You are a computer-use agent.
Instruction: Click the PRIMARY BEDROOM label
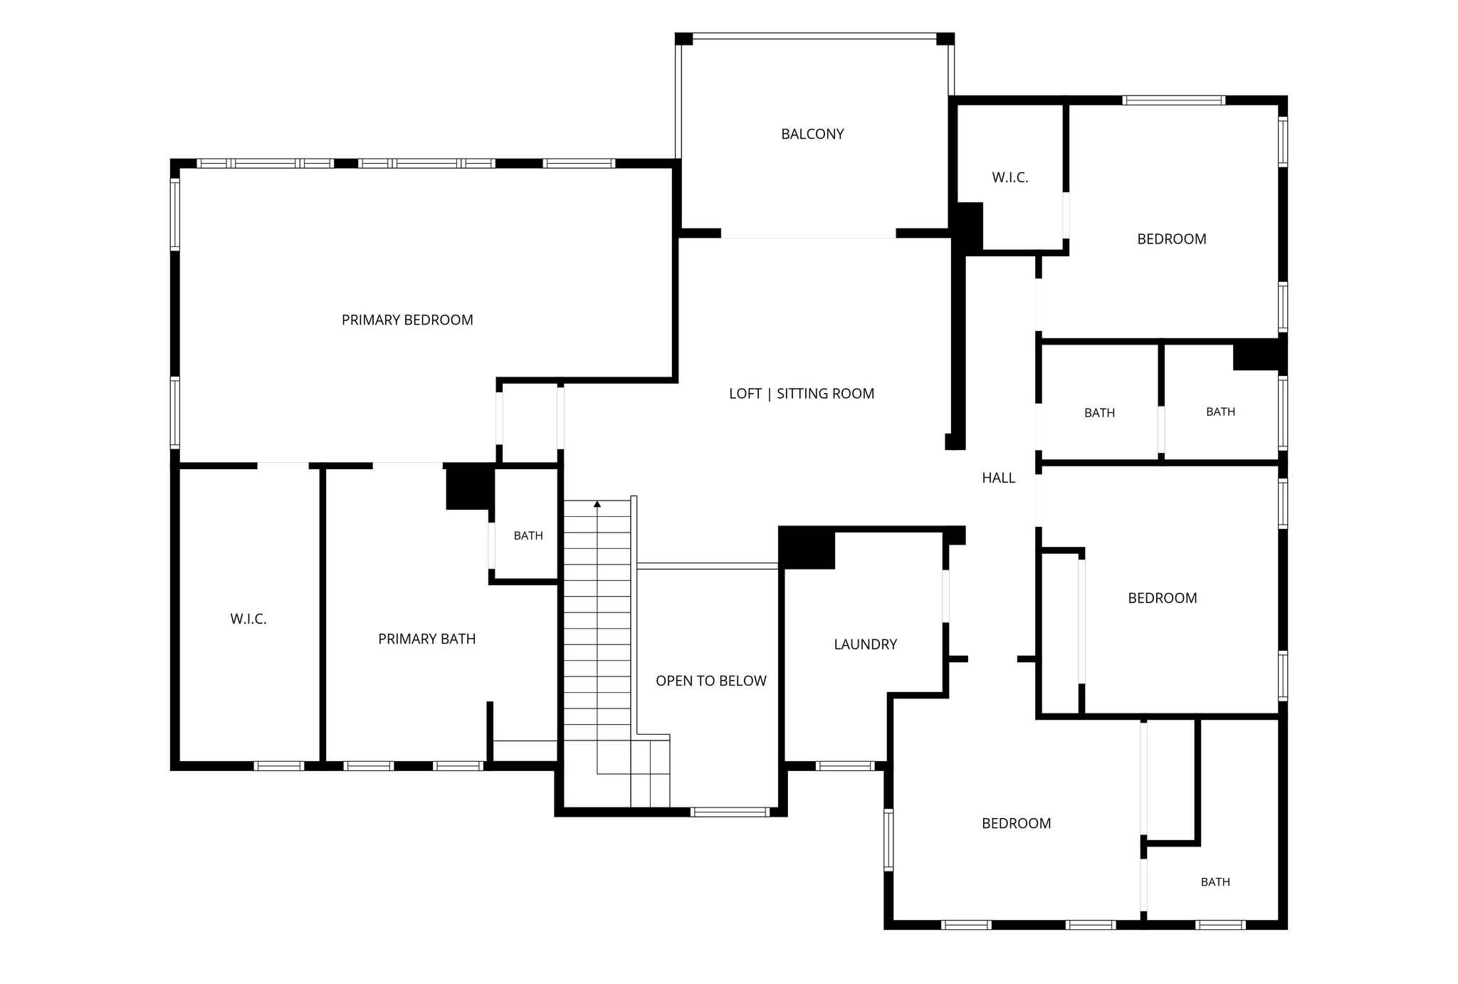pos(407,320)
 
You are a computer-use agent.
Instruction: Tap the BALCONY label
pos(812,134)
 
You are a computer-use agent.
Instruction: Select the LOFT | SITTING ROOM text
pos(802,394)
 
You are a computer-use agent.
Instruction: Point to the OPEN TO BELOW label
pos(711,681)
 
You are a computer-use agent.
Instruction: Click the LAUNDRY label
pos(865,644)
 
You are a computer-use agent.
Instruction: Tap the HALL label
pos(999,478)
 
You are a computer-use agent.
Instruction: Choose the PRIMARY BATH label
pos(427,639)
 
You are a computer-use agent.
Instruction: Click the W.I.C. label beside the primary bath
pos(248,619)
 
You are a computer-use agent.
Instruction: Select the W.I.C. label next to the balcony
pos(1010,178)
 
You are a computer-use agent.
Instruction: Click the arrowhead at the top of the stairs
pos(597,504)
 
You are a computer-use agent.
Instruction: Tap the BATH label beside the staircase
pos(528,536)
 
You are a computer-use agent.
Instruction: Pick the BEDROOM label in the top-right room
pos(1172,239)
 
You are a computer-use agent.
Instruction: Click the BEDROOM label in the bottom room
pos(1017,824)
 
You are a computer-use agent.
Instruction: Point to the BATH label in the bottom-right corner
pos(1215,882)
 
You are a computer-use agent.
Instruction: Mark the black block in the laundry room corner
pos(807,548)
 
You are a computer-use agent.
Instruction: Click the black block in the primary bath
pos(470,486)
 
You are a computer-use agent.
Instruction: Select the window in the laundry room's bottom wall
pos(845,766)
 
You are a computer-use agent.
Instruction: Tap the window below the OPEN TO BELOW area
pos(730,812)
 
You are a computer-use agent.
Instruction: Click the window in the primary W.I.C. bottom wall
pos(279,766)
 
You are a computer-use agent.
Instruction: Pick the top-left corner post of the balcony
pos(683,39)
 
